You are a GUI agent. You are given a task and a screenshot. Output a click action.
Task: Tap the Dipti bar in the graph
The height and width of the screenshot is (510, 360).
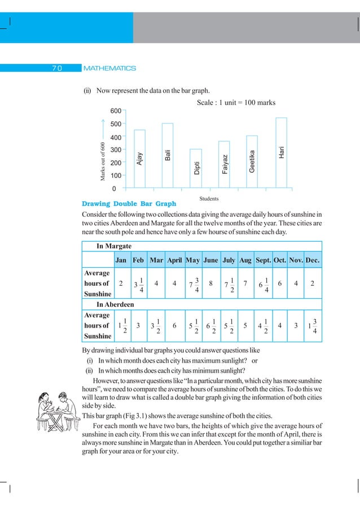coord(196,168)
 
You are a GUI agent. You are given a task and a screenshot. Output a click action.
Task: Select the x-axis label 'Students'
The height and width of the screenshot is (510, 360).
coord(209,199)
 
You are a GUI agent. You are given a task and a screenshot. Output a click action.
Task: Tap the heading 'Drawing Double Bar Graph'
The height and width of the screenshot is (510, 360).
coord(129,203)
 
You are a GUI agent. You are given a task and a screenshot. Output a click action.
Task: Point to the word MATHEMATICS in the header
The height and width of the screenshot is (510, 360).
coord(109,68)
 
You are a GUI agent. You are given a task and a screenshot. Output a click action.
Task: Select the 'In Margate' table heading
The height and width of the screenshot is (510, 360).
coord(114,247)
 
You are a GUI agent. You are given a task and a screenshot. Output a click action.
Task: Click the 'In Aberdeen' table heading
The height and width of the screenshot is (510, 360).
coord(117,304)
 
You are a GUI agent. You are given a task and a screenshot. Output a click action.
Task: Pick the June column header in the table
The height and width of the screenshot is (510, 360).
coord(210,260)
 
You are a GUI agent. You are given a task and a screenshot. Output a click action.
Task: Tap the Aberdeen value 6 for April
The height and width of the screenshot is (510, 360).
coord(174,326)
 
